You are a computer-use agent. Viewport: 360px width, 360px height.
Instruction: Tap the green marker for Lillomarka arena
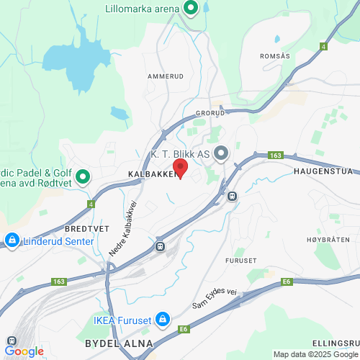pyautogui.click(x=191, y=9)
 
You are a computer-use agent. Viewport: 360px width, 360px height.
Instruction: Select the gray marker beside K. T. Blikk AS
pyautogui.click(x=221, y=153)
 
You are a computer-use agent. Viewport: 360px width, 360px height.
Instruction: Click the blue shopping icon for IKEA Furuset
pyautogui.click(x=163, y=319)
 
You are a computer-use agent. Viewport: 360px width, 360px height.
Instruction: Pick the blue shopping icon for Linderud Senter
pyautogui.click(x=12, y=240)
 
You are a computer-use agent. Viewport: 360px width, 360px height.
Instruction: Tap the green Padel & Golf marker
pyautogui.click(x=83, y=176)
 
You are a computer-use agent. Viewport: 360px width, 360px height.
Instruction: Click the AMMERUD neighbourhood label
pyautogui.click(x=161, y=75)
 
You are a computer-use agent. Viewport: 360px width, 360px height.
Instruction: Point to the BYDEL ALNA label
pyautogui.click(x=119, y=343)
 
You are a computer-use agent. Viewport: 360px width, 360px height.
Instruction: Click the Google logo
pyautogui.click(x=24, y=351)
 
